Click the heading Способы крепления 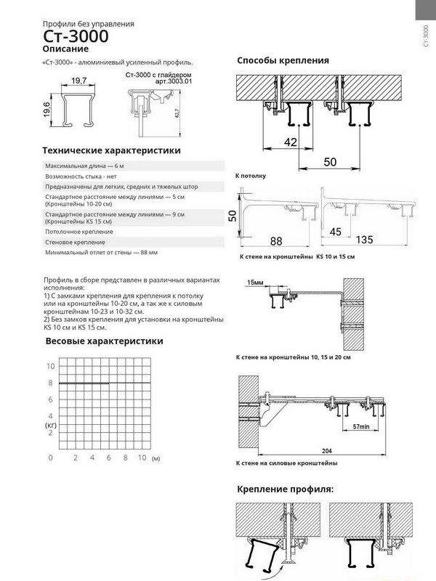click(x=283, y=60)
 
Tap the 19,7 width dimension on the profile click(x=80, y=80)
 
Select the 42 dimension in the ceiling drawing click(x=289, y=142)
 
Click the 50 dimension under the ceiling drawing click(x=330, y=161)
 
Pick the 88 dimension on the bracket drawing click(x=275, y=240)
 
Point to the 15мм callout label click(x=255, y=282)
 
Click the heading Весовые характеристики click(x=104, y=341)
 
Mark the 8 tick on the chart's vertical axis click(x=50, y=383)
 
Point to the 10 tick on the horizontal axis click(x=142, y=458)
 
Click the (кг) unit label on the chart click(x=50, y=423)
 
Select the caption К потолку click(x=251, y=176)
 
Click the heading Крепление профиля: click(x=286, y=489)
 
